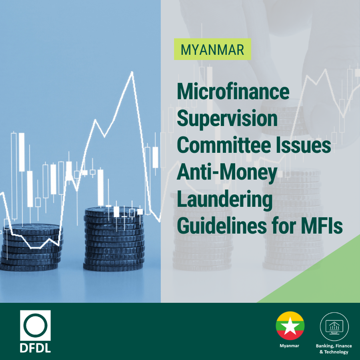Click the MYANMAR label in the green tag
212,49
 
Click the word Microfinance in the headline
233,93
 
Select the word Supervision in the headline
227,119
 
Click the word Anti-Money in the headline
227,173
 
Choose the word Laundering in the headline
224,200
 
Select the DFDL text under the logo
35,346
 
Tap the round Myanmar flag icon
290,325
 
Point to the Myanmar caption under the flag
290,345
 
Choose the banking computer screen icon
334,326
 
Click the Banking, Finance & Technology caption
334,348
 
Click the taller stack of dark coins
114,240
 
